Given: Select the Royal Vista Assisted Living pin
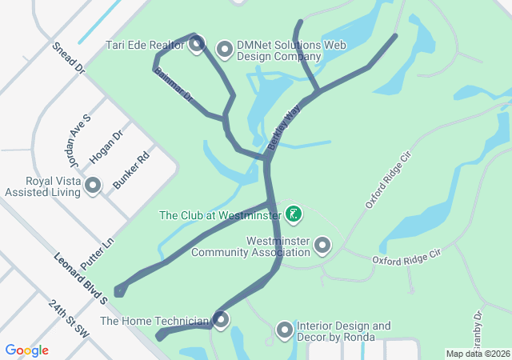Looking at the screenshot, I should pos(93,186).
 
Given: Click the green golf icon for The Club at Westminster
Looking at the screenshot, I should pos(294,214).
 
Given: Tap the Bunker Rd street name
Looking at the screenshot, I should pos(131,170).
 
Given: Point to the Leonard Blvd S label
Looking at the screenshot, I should pos(81,278).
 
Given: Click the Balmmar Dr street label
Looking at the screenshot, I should pos(174,86).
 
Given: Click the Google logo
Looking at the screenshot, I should pos(27,350).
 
